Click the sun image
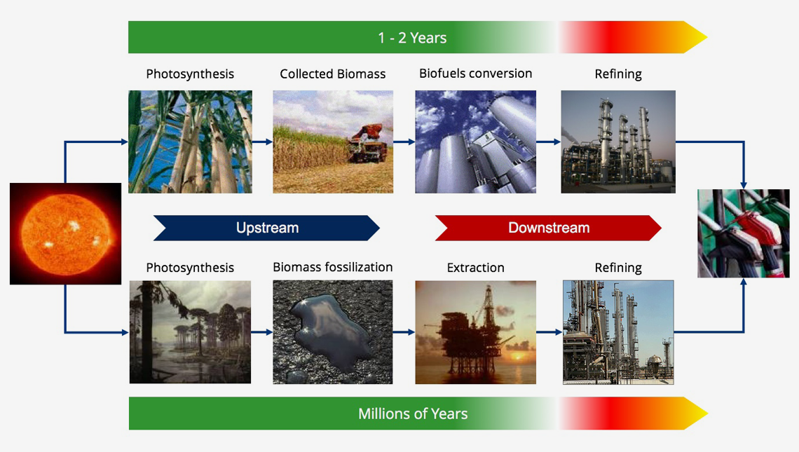(65, 233)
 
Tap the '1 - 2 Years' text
(412, 38)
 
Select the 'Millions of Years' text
(413, 413)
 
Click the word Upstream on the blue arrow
(267, 228)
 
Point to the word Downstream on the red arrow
(549, 228)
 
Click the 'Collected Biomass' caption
(333, 74)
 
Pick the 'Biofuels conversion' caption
(475, 74)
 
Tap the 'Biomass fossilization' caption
(333, 267)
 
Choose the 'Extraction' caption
(475, 268)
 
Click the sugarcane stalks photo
(190, 142)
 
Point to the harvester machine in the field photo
(368, 143)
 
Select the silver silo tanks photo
(475, 142)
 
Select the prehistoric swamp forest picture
(190, 331)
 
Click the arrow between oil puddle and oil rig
(404, 332)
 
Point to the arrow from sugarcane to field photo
(262, 142)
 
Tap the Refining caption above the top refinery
(618, 74)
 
